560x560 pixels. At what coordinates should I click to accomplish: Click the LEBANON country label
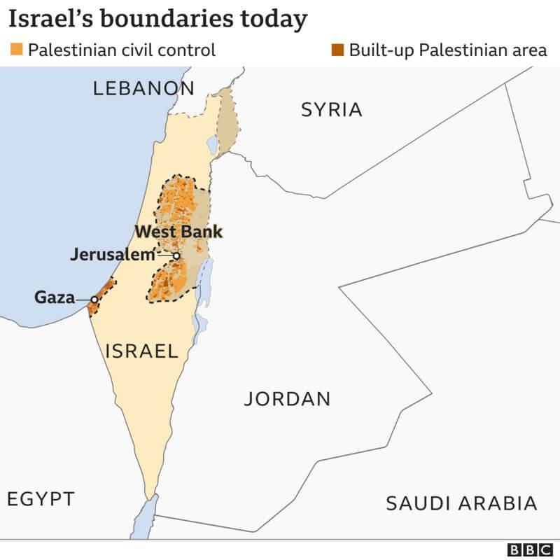click(x=143, y=88)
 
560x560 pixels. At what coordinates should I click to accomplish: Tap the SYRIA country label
click(x=331, y=110)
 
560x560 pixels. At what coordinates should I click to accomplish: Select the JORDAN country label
click(x=287, y=399)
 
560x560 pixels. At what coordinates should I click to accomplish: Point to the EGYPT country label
click(x=41, y=499)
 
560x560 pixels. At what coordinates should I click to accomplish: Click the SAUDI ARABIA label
click(x=461, y=503)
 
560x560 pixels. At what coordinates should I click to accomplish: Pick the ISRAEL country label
click(x=141, y=351)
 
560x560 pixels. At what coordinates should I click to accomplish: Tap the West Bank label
click(x=178, y=232)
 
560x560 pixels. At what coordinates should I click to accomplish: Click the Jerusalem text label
click(x=112, y=255)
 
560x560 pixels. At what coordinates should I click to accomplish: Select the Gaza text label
click(x=55, y=298)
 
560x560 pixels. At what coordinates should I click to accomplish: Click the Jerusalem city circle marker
click(x=176, y=256)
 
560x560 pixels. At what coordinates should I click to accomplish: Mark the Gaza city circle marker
click(x=94, y=300)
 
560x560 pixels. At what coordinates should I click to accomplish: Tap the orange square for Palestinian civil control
click(x=16, y=50)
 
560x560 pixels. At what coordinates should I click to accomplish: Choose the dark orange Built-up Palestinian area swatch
click(x=337, y=50)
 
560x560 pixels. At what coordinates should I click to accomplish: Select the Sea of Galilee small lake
click(x=212, y=145)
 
